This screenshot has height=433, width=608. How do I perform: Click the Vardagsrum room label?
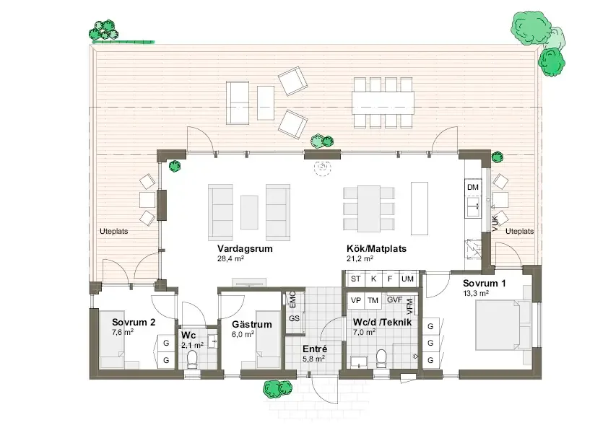click(245, 248)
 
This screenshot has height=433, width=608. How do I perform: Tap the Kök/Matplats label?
click(376, 248)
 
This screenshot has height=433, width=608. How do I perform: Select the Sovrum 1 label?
click(484, 284)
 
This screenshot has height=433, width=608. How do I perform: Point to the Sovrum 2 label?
click(134, 322)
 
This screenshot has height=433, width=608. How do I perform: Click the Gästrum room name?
click(252, 325)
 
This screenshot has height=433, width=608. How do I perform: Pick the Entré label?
click(314, 349)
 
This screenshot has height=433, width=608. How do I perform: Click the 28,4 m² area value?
click(230, 258)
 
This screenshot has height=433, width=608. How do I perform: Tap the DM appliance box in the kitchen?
click(473, 187)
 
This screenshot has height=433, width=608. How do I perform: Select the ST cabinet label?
click(355, 279)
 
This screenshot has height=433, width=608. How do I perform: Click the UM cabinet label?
click(407, 279)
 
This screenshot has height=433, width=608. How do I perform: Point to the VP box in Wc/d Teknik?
click(355, 300)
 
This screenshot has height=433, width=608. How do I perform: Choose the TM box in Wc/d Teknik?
click(373, 300)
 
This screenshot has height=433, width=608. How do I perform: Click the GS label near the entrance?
click(294, 319)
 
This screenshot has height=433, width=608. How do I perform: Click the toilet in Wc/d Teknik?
click(381, 358)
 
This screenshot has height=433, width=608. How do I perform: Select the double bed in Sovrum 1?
click(499, 325)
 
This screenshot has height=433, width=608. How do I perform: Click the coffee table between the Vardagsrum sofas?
click(249, 212)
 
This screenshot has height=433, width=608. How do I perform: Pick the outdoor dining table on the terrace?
click(383, 102)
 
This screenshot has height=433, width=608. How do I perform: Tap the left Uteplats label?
click(113, 232)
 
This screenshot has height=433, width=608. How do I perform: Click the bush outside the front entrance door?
click(277, 388)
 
